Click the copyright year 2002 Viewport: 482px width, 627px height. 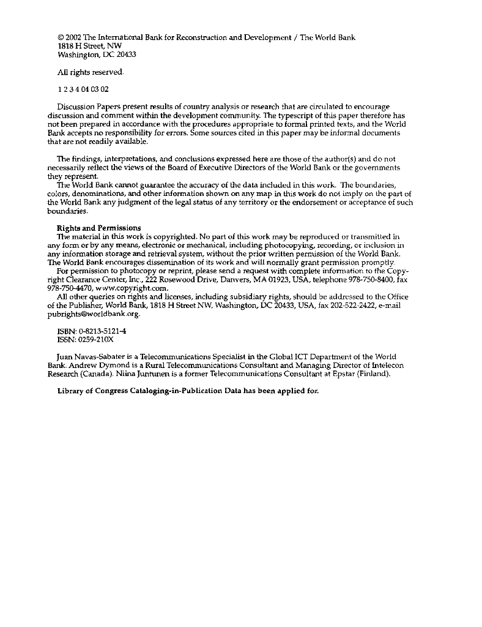click(x=73, y=37)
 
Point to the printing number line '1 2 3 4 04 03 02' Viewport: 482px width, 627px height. click(x=83, y=89)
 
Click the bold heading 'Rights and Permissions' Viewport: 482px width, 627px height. click(x=98, y=228)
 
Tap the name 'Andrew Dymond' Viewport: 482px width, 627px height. click(x=92, y=365)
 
